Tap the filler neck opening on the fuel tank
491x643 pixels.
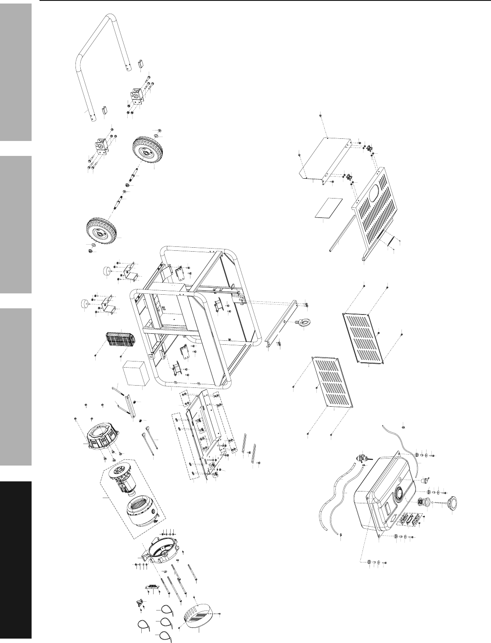(x=399, y=494)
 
